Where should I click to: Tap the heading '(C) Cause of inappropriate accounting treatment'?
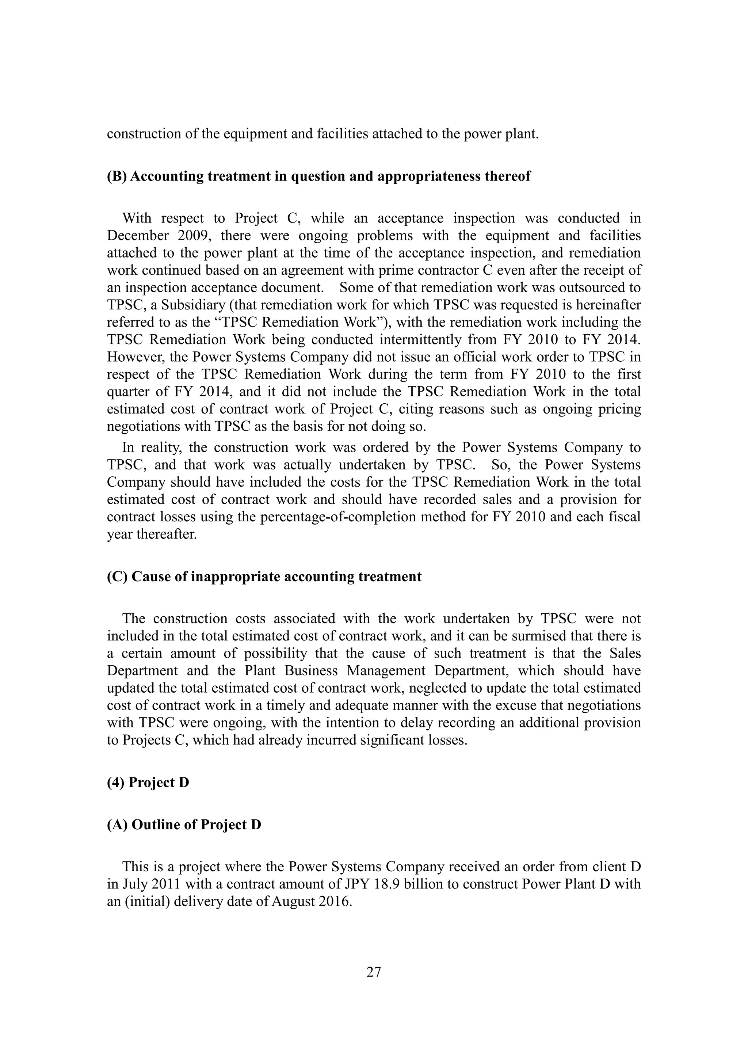coord(264,577)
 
